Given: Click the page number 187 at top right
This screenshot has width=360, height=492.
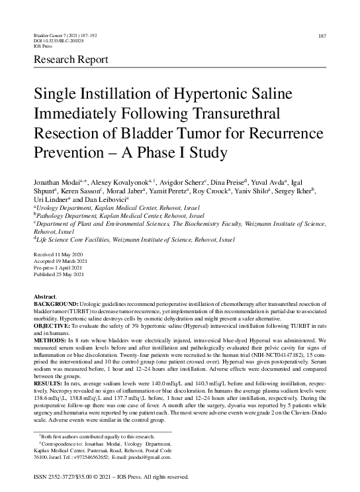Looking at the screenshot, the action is (x=322, y=35).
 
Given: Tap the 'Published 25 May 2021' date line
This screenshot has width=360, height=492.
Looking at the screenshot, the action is (x=59, y=275).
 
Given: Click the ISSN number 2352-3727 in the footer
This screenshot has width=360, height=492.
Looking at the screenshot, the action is (x=61, y=477).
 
